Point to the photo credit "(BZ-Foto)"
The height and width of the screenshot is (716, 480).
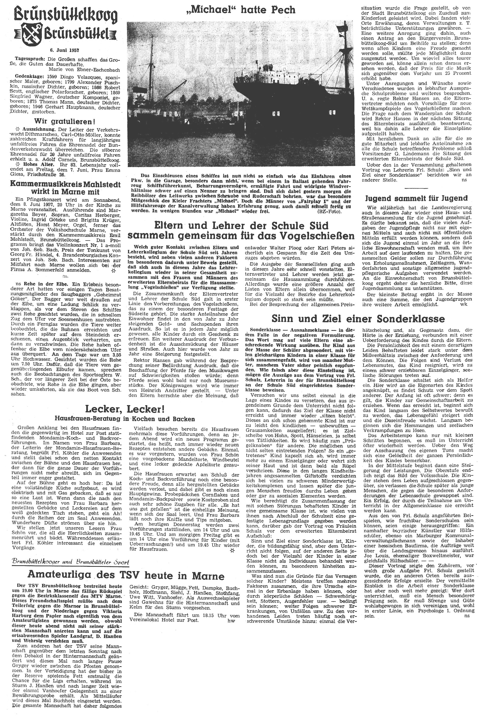pyautogui.click(x=334, y=211)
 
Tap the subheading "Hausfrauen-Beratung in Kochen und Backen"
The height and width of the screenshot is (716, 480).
pyautogui.click(x=125, y=418)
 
